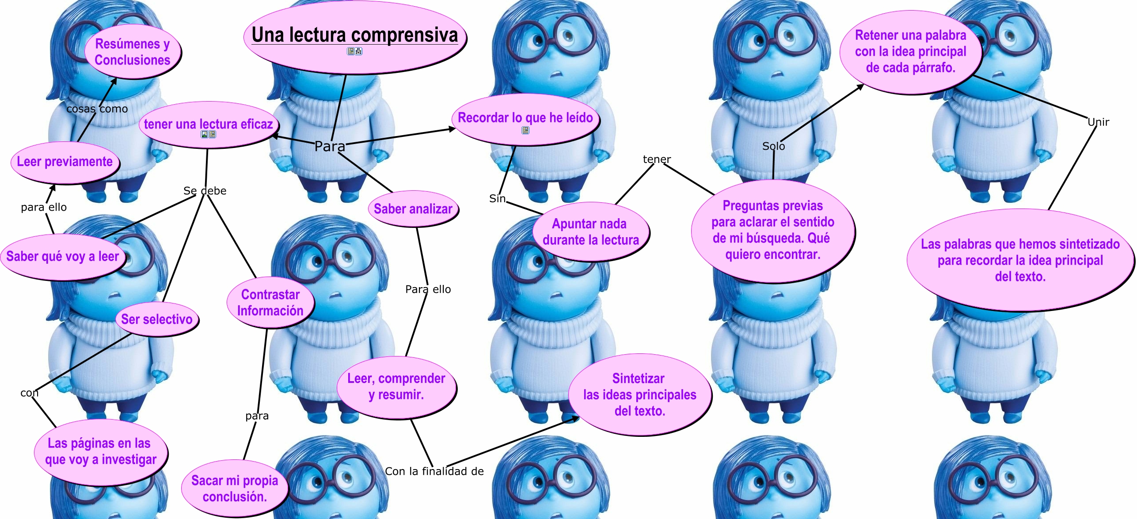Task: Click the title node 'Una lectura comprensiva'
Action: pyautogui.click(x=354, y=35)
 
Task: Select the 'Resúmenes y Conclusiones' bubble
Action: pyautogui.click(x=132, y=52)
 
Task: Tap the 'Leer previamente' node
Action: pyautogui.click(x=65, y=162)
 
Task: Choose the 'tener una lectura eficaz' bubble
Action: pyautogui.click(x=208, y=124)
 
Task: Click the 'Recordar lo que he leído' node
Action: pyautogui.click(x=525, y=117)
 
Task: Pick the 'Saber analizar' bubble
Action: pyautogui.click(x=413, y=209)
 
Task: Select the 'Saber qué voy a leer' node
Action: pyautogui.click(x=62, y=256)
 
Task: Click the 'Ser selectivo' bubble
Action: pyautogui.click(x=156, y=319)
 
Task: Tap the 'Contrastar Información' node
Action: pyautogui.click(x=270, y=303)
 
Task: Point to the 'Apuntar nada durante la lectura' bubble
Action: pyautogui.click(x=590, y=231)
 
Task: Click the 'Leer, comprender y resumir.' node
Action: pyautogui.click(x=396, y=386)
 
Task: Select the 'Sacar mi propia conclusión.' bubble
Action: pyautogui.click(x=234, y=488)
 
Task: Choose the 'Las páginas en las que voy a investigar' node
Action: pyautogui.click(x=100, y=451)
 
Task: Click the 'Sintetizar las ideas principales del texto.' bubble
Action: pyautogui.click(x=639, y=394)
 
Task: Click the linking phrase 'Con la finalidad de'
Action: pyautogui.click(x=434, y=471)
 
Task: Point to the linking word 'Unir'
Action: pyautogui.click(x=1098, y=122)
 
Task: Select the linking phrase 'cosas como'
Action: pyautogui.click(x=97, y=109)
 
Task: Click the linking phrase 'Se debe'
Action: pyautogui.click(x=205, y=191)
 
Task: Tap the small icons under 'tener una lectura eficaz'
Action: pyautogui.click(x=208, y=134)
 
